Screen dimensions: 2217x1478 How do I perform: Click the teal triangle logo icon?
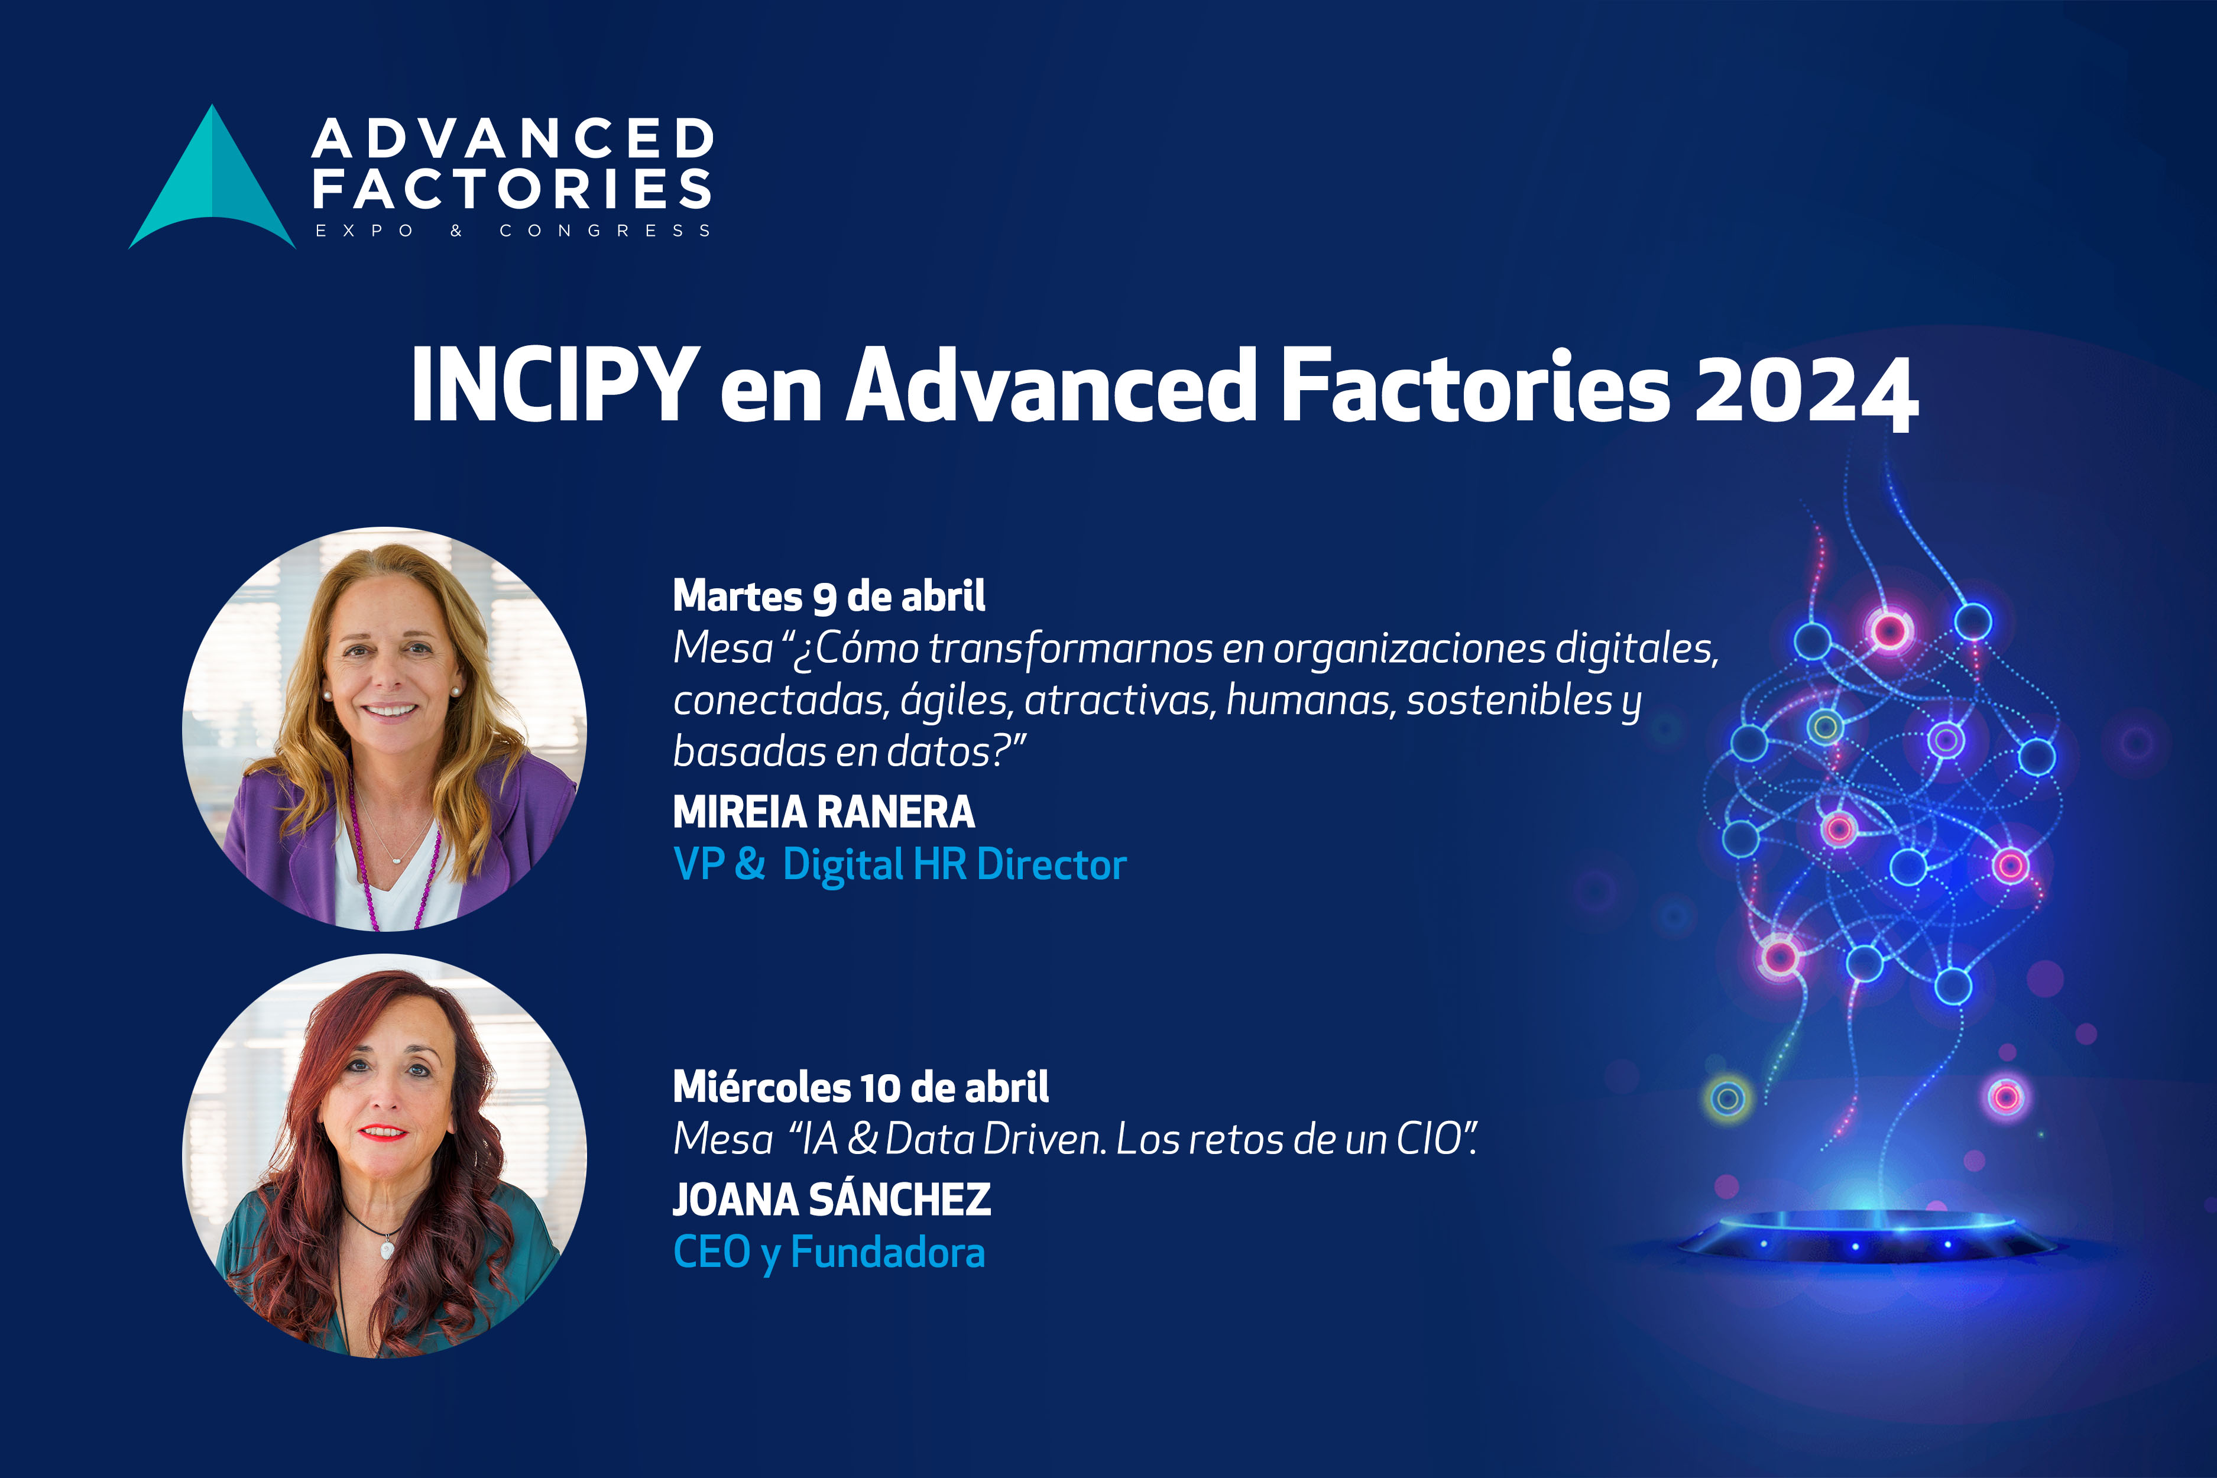pos(212,184)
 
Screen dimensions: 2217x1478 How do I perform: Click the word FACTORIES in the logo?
pos(512,189)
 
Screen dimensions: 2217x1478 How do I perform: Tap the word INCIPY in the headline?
pos(555,385)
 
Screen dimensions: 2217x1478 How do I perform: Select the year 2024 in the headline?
pos(1805,388)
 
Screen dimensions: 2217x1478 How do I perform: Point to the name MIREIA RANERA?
pos(824,812)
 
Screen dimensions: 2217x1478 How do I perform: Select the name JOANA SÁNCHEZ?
pos(831,1199)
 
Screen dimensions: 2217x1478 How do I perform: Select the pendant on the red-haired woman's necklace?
pos(387,1250)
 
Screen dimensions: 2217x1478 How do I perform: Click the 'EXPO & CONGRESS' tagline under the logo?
pos(513,231)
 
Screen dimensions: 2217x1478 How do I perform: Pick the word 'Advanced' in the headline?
pos(1051,385)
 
